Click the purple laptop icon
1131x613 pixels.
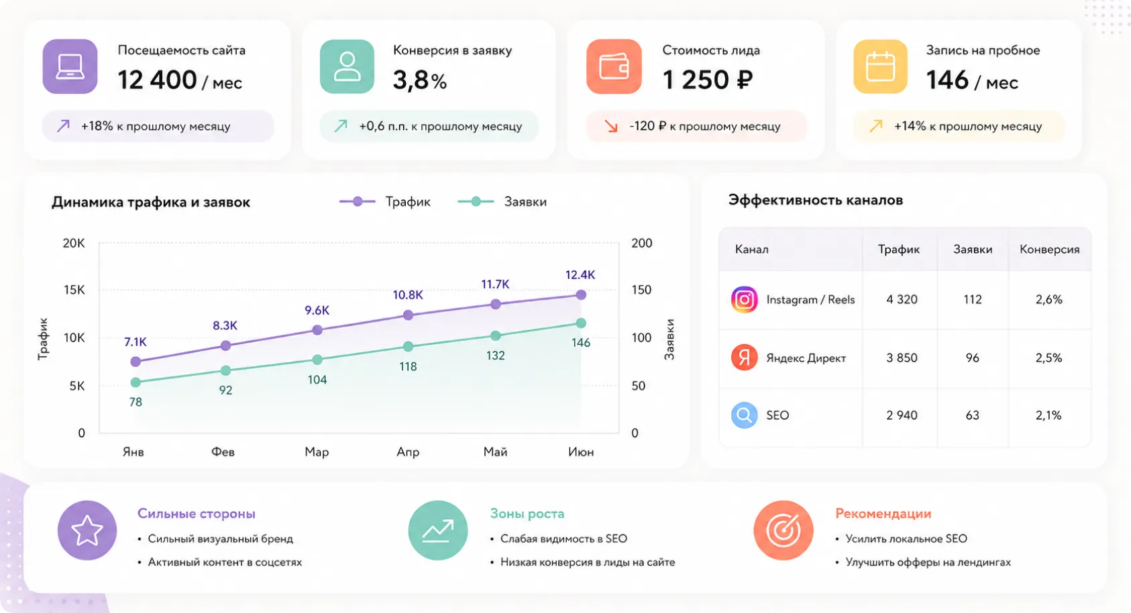pos(70,66)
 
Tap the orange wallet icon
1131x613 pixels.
pos(614,66)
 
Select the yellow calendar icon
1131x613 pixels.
pos(881,66)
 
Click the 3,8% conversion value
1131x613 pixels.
pos(419,80)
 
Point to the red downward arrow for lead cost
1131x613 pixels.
pos(611,126)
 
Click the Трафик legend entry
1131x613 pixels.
pos(385,201)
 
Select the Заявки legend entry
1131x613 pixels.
pos(502,201)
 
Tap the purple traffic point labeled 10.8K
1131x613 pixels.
pos(408,315)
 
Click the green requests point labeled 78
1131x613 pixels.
pos(136,382)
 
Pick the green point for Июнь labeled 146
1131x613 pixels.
pos(581,323)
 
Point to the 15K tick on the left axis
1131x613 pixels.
pos(74,290)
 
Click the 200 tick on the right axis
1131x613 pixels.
pos(642,243)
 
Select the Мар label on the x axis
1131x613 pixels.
pos(317,452)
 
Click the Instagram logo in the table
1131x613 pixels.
pos(744,299)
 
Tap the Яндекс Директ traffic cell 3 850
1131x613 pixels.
pos(902,358)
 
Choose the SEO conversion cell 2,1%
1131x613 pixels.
pos(1048,416)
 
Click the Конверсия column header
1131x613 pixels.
pos(1050,249)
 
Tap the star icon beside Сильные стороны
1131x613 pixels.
pos(87,531)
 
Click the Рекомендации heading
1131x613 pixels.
pos(883,514)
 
